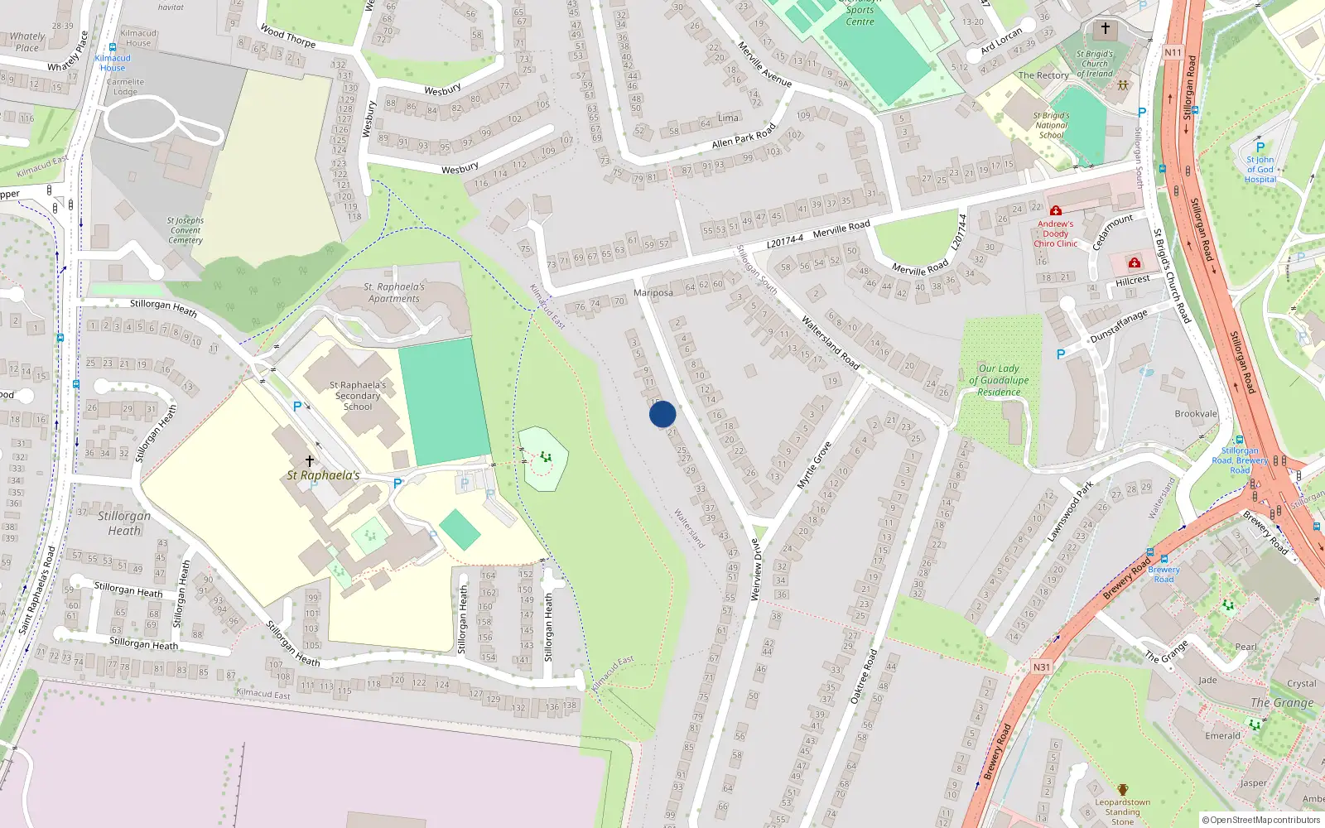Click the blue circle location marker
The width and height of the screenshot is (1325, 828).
coord(662,414)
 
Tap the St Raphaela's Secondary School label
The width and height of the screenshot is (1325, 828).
coord(358,396)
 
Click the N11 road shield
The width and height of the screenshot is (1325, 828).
coord(1173,52)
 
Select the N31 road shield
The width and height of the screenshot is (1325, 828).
coord(1042,667)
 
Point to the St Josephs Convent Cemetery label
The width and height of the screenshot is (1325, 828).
coord(185,230)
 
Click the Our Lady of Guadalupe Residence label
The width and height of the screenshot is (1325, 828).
coord(999,380)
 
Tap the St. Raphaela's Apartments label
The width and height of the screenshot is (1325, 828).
coord(395,293)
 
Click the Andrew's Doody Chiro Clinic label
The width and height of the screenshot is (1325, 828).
coord(1056,233)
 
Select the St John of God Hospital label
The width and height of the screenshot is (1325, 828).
coord(1260,169)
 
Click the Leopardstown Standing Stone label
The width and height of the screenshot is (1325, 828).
coord(1123,811)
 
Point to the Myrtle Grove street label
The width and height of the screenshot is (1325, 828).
coord(813,465)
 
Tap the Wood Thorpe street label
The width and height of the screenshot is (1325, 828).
coord(288,36)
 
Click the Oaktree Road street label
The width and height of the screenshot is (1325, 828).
coord(864,676)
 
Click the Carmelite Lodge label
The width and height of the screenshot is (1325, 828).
coord(125,87)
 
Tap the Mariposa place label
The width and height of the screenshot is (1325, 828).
coord(653,293)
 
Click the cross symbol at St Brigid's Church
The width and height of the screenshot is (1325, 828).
coord(1105,29)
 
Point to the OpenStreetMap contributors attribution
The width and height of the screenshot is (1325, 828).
coord(1261,820)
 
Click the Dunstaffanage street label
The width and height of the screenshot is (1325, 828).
coord(1119,326)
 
